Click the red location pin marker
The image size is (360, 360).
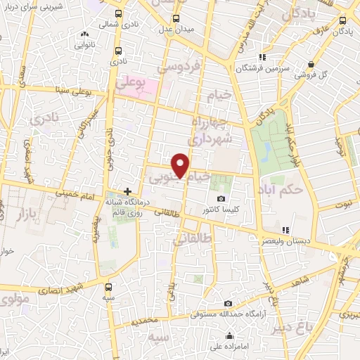tap(182, 165)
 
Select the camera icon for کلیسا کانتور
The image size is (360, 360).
tap(221, 199)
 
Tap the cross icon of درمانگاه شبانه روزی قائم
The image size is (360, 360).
tap(127, 191)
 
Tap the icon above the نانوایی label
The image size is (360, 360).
tap(85, 33)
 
